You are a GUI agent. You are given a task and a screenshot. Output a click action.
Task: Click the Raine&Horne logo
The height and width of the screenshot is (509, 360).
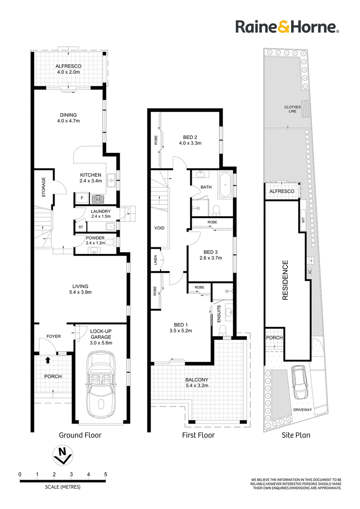coord(287,27)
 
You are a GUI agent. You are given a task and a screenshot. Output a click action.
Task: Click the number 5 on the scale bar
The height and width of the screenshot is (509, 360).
coord(106,474)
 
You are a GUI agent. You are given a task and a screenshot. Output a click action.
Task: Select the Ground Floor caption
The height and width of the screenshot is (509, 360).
coord(80,435)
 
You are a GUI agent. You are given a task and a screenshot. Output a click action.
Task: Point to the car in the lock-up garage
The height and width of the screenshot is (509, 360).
coord(101,384)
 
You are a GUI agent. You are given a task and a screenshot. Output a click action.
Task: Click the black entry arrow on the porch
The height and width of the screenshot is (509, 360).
coord(48,360)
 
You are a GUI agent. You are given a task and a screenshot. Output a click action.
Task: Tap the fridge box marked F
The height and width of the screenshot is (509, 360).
coord(82,198)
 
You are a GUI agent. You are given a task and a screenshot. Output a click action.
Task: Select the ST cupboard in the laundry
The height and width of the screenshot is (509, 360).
coord(81,227)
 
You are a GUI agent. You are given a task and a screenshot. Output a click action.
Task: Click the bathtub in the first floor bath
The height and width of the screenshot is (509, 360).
coord(225,186)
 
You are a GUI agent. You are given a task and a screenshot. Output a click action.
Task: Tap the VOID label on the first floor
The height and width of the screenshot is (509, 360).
coord(159,228)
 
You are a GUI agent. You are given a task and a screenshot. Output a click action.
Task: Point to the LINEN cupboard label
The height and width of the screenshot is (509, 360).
coord(156,260)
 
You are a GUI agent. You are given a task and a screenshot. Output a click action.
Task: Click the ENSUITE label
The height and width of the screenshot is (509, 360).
coord(219,313)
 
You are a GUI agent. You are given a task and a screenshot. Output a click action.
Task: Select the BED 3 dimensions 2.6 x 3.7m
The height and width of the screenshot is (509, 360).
coord(211,258)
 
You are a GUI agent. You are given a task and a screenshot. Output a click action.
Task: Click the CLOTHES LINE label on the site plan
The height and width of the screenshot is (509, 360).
coord(292,109)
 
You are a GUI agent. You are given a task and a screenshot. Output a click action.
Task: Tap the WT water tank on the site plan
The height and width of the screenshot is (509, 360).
coord(303,220)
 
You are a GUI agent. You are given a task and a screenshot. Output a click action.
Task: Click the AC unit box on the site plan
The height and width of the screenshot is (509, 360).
coord(310,272)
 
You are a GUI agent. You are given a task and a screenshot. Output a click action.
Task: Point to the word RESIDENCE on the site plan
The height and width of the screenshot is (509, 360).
coord(285,280)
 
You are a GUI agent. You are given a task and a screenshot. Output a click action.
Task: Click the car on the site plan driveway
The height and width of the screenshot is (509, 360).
coord(300,383)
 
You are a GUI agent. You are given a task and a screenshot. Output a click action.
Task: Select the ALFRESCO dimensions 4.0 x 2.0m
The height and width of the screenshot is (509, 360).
coord(68,72)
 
